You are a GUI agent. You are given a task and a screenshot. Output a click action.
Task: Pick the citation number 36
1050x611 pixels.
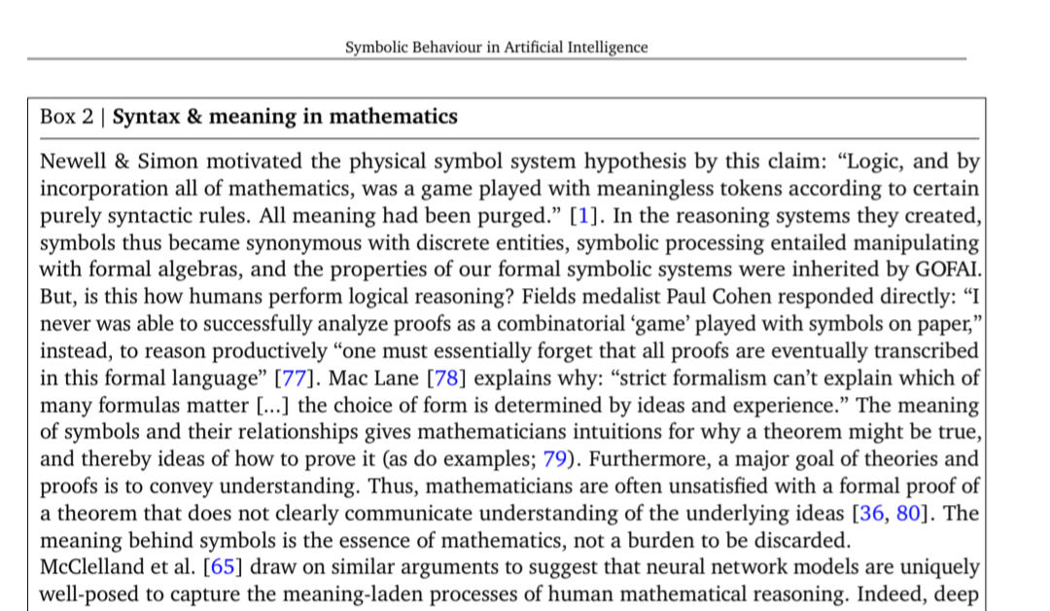coord(870,514)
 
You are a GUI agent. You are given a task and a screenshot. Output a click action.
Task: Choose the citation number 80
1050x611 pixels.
coord(908,514)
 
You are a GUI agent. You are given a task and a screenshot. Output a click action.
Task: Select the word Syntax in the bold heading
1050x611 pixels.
coord(146,118)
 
